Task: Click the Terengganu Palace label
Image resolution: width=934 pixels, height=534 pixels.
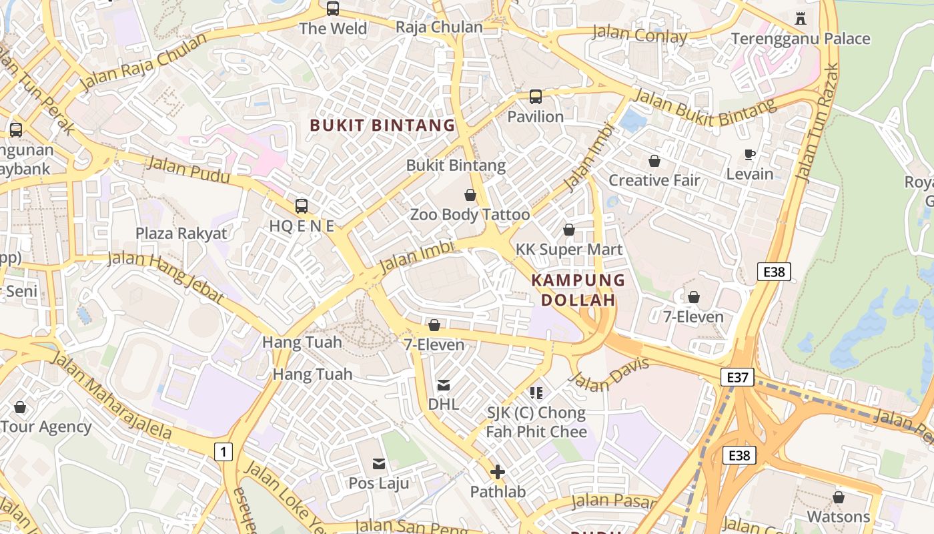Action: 801,39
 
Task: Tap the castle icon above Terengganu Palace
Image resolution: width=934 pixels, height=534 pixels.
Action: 801,19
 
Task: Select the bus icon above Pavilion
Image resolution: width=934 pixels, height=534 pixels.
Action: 536,97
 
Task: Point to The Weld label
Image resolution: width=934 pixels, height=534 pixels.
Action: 333,29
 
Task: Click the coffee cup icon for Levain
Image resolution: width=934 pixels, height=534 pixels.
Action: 750,155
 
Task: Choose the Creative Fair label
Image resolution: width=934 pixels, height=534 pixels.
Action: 654,180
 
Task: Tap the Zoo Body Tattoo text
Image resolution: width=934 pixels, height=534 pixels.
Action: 470,215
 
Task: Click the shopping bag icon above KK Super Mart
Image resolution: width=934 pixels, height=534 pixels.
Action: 569,230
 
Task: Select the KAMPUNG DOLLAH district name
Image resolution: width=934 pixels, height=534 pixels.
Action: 578,290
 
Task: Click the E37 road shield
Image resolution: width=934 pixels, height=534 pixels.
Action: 737,378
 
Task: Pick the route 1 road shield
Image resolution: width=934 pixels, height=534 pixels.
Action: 223,452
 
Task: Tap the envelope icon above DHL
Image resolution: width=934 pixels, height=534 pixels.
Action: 443,385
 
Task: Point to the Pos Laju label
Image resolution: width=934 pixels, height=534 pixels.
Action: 379,483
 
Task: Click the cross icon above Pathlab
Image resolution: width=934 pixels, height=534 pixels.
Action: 497,473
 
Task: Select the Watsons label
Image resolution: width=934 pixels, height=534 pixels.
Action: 838,517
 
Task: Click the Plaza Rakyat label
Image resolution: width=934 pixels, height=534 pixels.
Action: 181,234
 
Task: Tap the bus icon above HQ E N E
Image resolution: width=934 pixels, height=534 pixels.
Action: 302,206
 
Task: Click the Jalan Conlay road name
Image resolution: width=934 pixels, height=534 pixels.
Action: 639,35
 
